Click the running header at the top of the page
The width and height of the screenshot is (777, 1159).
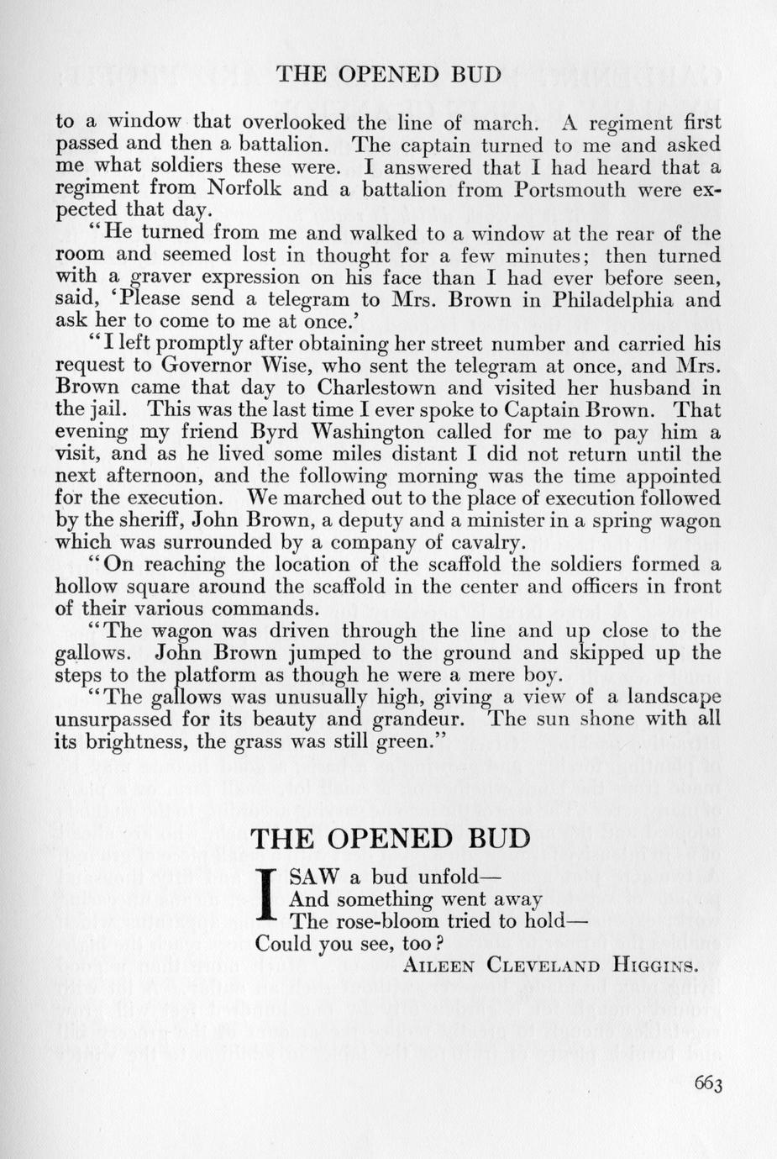click(388, 74)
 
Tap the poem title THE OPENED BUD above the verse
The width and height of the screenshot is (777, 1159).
click(391, 838)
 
